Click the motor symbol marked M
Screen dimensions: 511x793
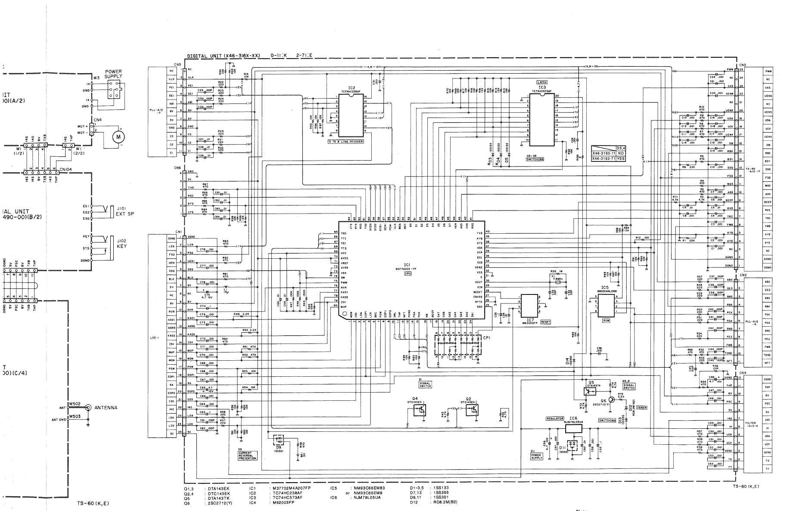pyautogui.click(x=118, y=137)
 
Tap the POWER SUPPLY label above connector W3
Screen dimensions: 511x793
pyautogui.click(x=113, y=74)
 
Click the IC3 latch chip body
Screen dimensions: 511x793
pyautogui.click(x=541, y=120)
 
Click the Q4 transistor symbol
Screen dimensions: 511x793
pyautogui.click(x=418, y=410)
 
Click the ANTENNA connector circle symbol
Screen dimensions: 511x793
pyautogui.click(x=88, y=407)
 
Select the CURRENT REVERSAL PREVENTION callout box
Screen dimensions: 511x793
pyautogui.click(x=247, y=455)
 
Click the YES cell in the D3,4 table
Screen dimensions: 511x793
pyautogui.click(x=620, y=158)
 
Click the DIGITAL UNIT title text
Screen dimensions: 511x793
pyautogui.click(x=224, y=56)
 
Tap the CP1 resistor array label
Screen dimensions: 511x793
pyautogui.click(x=487, y=338)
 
